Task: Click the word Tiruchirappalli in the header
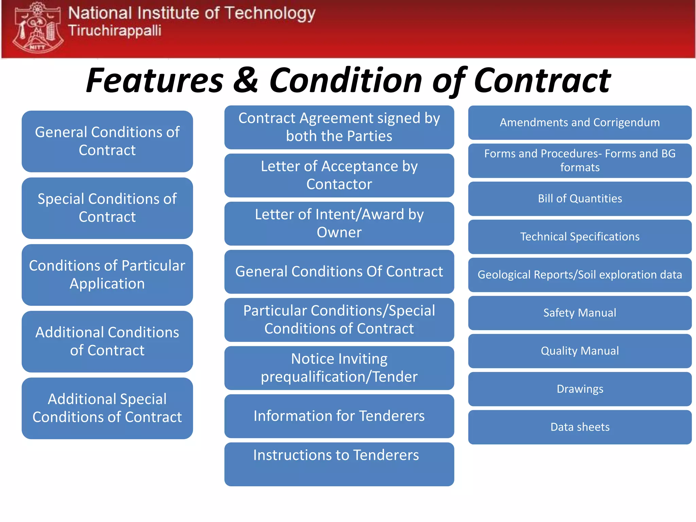tap(115, 31)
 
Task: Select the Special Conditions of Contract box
tap(107, 208)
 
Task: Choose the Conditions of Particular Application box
tap(107, 275)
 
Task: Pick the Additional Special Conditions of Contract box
tap(107, 408)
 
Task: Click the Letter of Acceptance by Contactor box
tap(339, 175)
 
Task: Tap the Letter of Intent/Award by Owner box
tap(339, 224)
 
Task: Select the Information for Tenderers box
tap(339, 416)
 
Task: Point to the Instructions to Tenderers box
tap(339, 464)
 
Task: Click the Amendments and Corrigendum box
tap(579, 123)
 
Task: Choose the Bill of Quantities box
tap(579, 199)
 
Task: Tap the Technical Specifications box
tap(579, 237)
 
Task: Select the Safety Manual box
tap(579, 313)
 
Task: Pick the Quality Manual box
tap(579, 351)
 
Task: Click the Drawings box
tap(579, 389)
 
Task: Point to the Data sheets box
tap(579, 427)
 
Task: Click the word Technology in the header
tap(270, 14)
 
